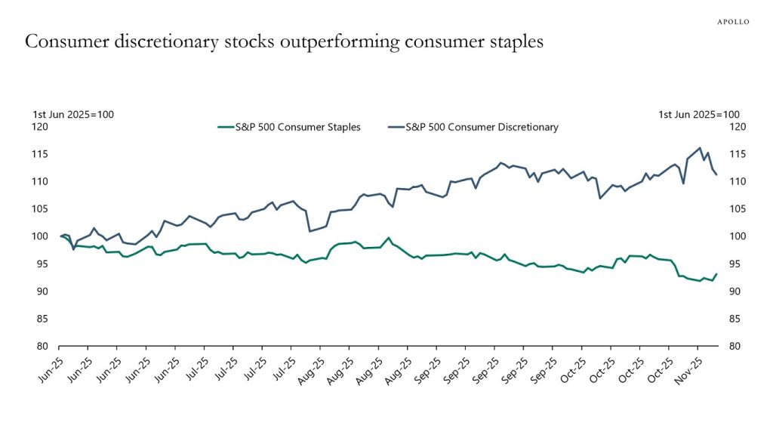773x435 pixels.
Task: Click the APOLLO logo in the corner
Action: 732,22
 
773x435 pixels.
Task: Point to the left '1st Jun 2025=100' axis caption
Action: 73,114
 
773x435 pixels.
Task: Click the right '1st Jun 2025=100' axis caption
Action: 699,114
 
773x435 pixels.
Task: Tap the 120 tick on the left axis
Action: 40,127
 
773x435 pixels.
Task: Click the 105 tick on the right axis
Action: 734,209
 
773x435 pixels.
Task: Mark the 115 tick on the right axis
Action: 734,154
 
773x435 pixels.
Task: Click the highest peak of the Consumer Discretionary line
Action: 700,148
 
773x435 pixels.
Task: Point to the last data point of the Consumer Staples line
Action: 716,274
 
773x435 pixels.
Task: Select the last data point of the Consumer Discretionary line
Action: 716,174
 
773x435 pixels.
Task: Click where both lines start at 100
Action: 60,236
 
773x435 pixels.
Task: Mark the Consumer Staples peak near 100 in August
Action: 389,238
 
